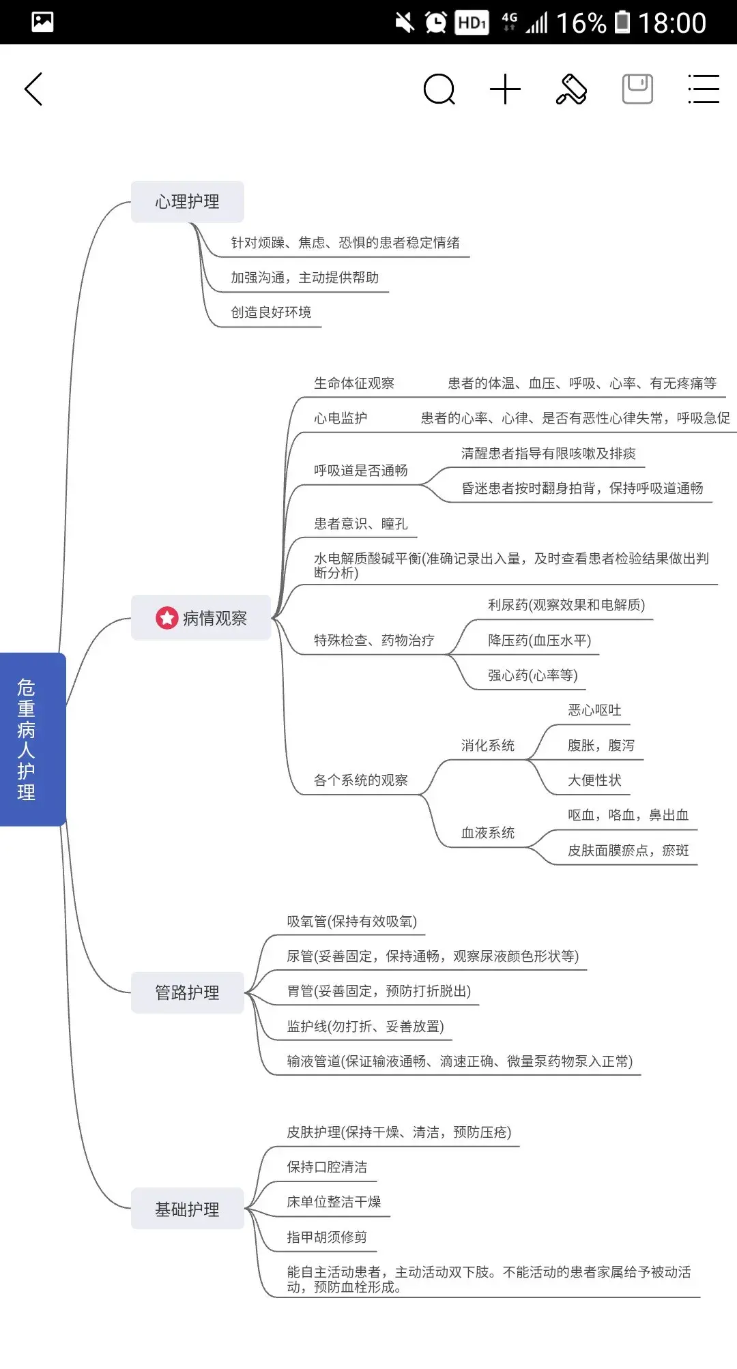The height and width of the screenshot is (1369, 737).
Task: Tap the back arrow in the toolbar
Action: pyautogui.click(x=33, y=89)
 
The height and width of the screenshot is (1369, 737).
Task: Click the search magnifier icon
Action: pyautogui.click(x=439, y=89)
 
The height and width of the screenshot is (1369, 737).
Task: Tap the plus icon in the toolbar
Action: pyautogui.click(x=506, y=89)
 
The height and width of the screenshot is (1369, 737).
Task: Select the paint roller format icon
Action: pyautogui.click(x=572, y=89)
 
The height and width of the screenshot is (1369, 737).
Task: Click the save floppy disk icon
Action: pyautogui.click(x=637, y=89)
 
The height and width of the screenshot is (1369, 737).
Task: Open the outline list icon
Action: pyautogui.click(x=704, y=89)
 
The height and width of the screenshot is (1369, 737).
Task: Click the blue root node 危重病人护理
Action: pyautogui.click(x=33, y=739)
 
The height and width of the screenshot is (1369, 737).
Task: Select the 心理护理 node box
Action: pyautogui.click(x=187, y=202)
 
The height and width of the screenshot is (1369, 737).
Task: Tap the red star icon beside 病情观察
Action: pyautogui.click(x=167, y=618)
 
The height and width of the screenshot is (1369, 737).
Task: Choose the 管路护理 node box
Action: pyautogui.click(x=187, y=992)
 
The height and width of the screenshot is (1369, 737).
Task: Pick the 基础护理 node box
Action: pyautogui.click(x=187, y=1209)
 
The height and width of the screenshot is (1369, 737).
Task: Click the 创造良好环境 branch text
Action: pyautogui.click(x=271, y=312)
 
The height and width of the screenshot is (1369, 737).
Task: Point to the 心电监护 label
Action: pyautogui.click(x=341, y=418)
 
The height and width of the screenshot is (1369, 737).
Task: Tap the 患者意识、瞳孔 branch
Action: pyautogui.click(x=361, y=524)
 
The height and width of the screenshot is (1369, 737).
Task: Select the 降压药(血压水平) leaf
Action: pyautogui.click(x=540, y=641)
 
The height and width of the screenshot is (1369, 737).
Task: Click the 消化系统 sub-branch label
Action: pyautogui.click(x=488, y=746)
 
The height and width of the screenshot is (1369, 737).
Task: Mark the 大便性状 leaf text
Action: pyautogui.click(x=594, y=780)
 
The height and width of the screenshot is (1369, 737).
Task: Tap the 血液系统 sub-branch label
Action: pyautogui.click(x=488, y=833)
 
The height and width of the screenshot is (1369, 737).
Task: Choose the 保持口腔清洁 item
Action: pyautogui.click(x=327, y=1167)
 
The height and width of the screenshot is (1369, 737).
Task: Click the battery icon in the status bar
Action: pyautogui.click(x=622, y=22)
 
